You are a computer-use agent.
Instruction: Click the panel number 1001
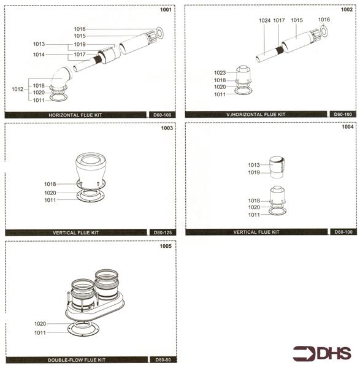(x=166, y=10)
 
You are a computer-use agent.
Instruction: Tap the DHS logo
(x=322, y=353)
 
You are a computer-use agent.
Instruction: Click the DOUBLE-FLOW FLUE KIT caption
(x=77, y=359)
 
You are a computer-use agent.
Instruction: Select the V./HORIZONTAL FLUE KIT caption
(x=258, y=115)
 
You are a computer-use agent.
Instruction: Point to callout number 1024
(x=264, y=20)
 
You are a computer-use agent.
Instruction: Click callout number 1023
(x=220, y=72)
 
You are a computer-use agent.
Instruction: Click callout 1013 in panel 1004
(x=255, y=164)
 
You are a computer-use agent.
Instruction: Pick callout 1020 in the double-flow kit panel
(x=40, y=323)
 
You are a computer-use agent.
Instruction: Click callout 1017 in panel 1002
(x=279, y=20)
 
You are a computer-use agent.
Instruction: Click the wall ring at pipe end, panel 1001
(x=160, y=32)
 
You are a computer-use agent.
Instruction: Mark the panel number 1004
(x=347, y=128)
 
